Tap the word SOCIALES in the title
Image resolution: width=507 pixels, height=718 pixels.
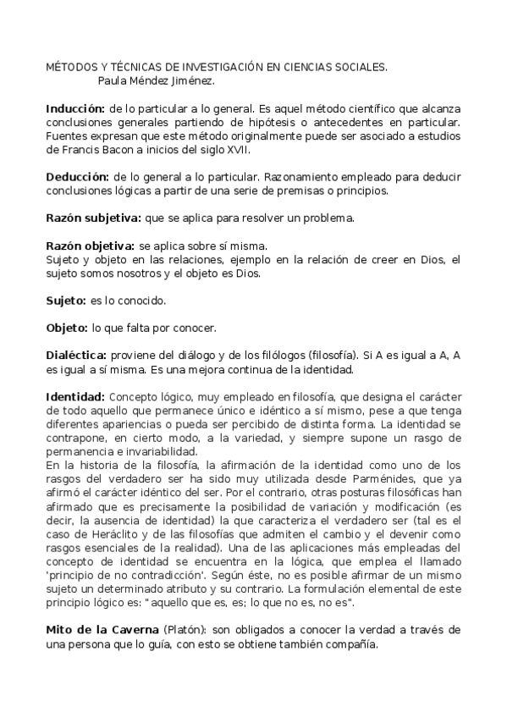tap(359, 66)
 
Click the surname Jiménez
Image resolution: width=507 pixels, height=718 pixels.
tap(190, 81)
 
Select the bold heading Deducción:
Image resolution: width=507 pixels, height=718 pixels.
tap(77, 178)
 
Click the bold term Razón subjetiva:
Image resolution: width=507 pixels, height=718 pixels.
tap(93, 218)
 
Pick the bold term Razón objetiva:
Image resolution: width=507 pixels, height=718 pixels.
tap(90, 246)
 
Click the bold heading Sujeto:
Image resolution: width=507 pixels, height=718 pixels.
tap(65, 300)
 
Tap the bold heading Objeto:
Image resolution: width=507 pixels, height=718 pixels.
tap(67, 327)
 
